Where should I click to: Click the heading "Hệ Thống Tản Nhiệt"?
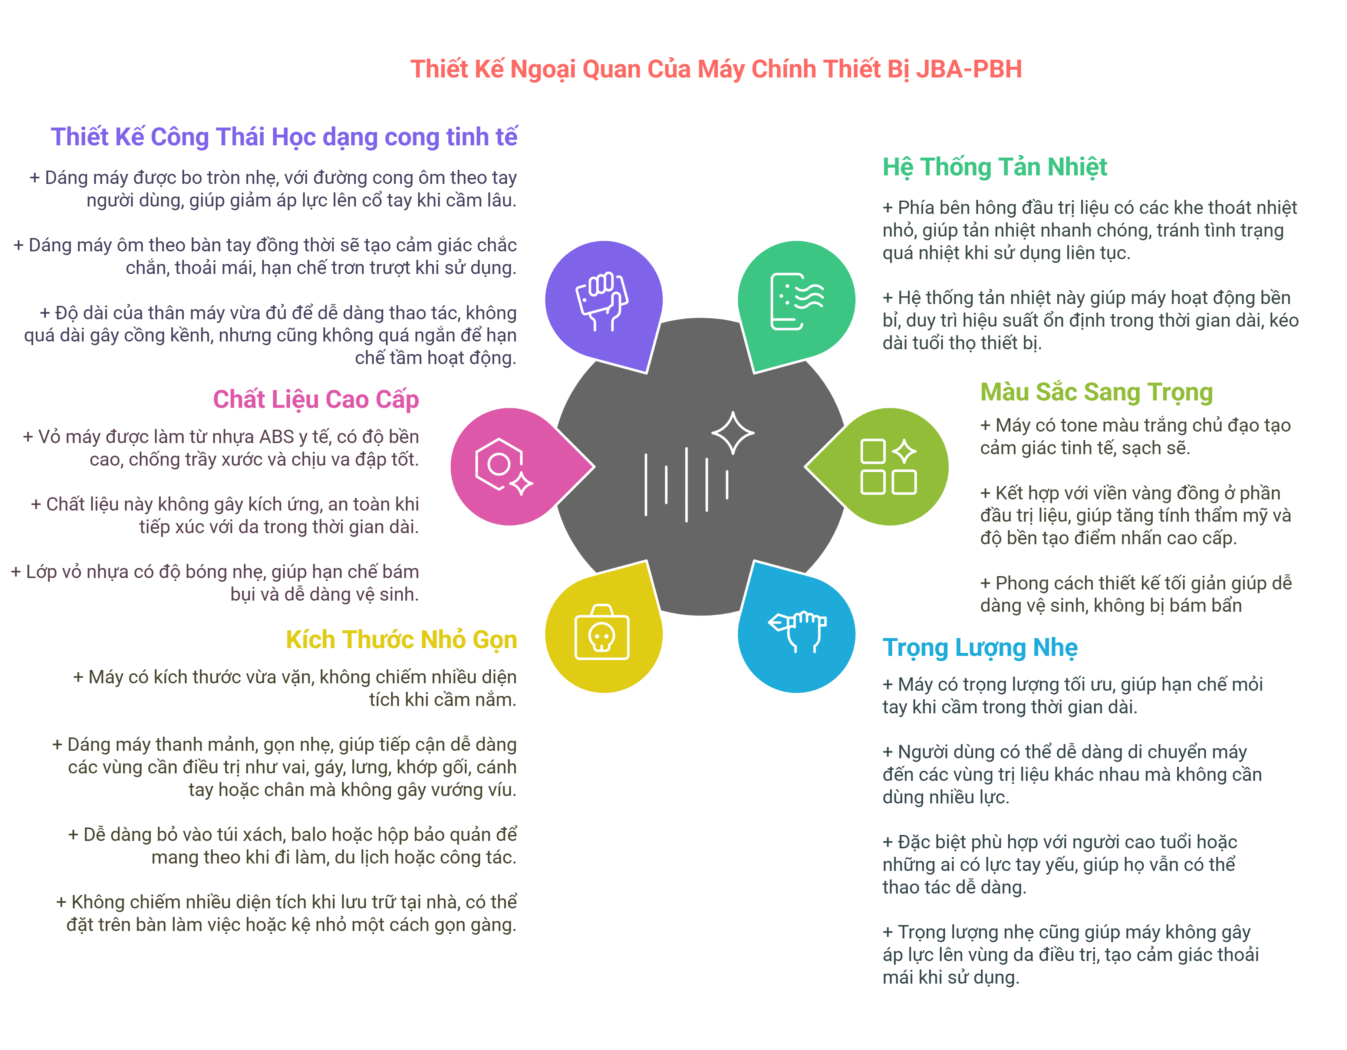click(994, 167)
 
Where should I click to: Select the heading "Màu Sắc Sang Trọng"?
click(1096, 392)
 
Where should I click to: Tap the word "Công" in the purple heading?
click(179, 137)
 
